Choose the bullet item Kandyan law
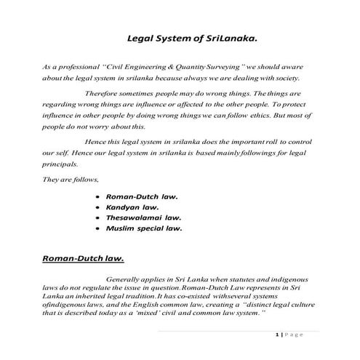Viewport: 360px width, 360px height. point(133,207)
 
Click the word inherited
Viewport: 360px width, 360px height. point(90,297)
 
